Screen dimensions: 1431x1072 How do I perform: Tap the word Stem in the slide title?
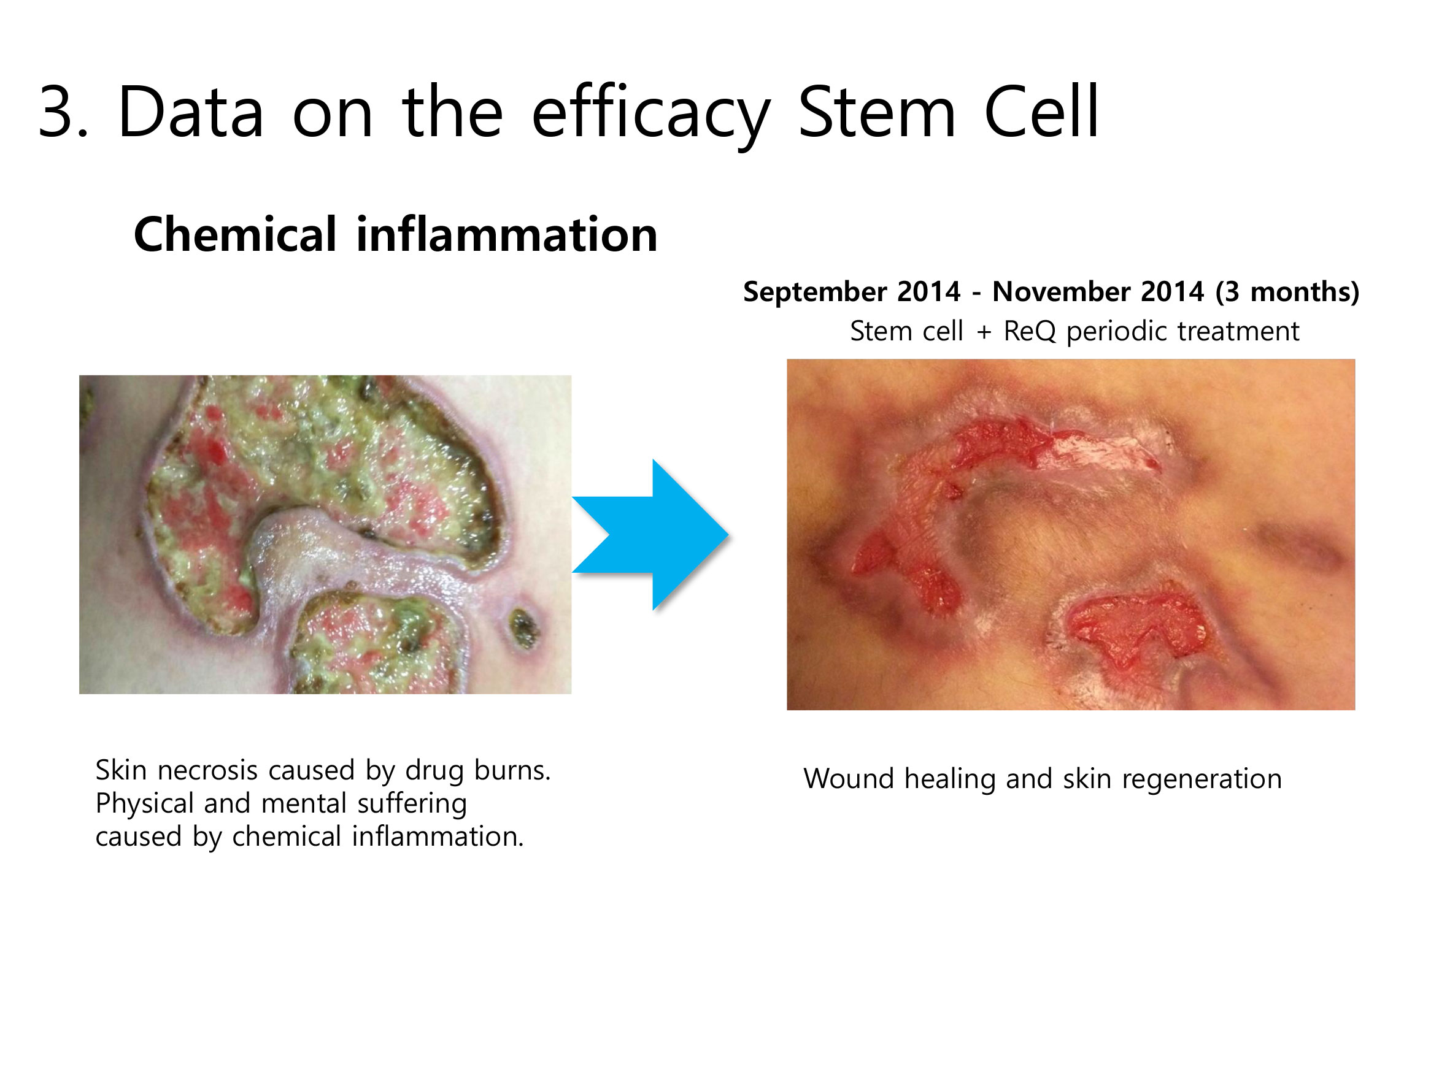tap(877, 111)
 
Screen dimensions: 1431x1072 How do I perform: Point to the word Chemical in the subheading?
tap(235, 234)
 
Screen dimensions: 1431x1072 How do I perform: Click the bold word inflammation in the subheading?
tap(506, 234)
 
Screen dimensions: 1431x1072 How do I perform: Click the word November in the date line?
tap(1098, 291)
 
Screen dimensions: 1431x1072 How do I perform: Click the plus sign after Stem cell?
tap(984, 333)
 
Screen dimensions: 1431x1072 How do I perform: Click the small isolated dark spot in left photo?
tap(523, 629)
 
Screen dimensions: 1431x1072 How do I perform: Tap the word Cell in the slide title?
tap(1041, 111)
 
